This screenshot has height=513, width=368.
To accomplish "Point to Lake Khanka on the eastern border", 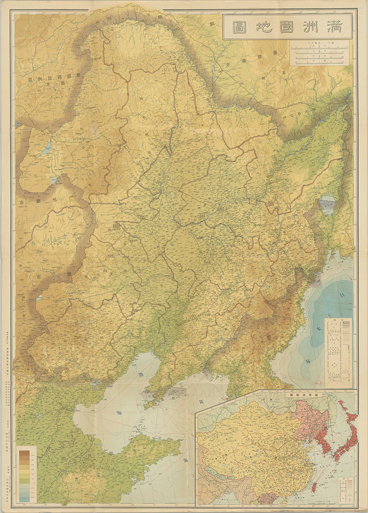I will (x=327, y=204).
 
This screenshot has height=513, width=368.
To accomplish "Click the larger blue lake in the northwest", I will (x=47, y=150).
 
